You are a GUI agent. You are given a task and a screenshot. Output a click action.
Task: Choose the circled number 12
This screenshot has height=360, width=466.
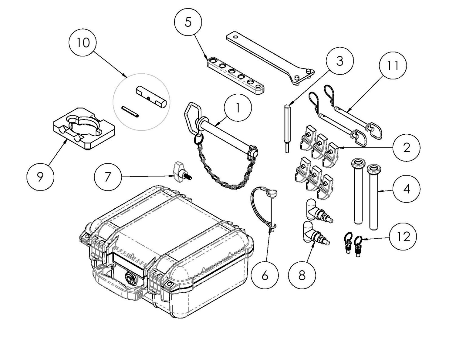point(403,236)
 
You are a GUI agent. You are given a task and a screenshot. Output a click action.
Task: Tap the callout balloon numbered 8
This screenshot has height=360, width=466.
point(302,275)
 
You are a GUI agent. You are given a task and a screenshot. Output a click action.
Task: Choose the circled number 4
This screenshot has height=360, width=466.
point(407,189)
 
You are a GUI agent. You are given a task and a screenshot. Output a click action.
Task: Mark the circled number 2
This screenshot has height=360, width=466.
point(407,148)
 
